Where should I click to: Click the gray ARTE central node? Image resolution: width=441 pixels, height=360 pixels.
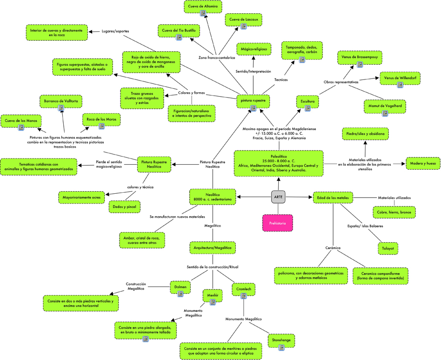(x=278, y=197)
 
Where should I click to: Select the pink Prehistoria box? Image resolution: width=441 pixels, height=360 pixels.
(x=277, y=223)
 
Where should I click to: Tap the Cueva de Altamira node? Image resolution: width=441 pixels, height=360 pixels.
(x=203, y=6)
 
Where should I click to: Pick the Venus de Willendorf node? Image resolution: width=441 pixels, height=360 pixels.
(x=400, y=78)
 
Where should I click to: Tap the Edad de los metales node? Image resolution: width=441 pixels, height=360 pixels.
(x=333, y=198)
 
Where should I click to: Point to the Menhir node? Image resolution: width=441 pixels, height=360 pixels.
(x=213, y=296)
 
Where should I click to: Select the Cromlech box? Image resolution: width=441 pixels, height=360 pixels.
(x=244, y=289)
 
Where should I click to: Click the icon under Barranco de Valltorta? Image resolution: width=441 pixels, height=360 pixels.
(x=61, y=108)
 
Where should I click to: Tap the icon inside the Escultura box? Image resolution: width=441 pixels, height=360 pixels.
(x=308, y=108)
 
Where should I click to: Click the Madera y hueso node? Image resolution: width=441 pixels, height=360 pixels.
(x=423, y=163)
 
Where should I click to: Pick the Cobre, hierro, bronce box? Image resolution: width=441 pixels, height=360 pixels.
(x=393, y=212)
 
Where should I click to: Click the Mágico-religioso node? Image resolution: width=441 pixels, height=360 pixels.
(x=254, y=50)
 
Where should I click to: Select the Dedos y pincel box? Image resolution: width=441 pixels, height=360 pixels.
(x=124, y=207)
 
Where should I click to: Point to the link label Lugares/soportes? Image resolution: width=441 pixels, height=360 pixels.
(x=115, y=31)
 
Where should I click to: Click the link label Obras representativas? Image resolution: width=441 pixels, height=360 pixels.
(x=341, y=82)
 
